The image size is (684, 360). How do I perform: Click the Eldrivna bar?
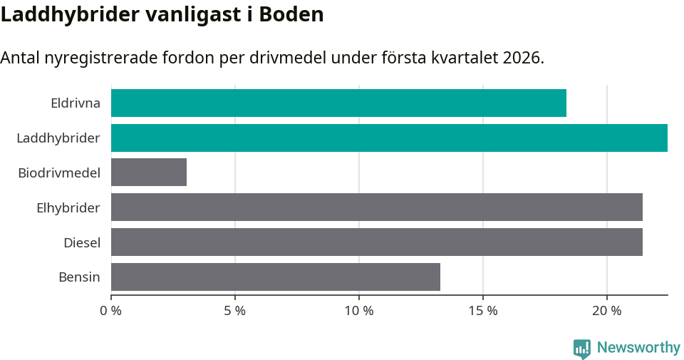(338, 103)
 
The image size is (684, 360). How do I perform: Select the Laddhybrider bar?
(389, 138)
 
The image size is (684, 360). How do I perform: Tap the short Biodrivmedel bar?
(149, 173)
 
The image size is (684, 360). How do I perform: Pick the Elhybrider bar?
(377, 207)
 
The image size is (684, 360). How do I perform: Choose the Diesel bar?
(377, 242)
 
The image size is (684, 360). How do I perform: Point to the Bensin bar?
(276, 277)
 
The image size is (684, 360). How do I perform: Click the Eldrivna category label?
(76, 103)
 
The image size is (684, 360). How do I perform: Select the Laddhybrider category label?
(58, 138)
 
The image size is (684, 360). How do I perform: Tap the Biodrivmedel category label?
(59, 173)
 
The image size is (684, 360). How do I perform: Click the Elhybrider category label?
(68, 207)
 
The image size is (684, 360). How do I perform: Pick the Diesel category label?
(82, 242)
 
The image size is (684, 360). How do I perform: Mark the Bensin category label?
(79, 277)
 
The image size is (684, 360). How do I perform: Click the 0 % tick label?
(111, 311)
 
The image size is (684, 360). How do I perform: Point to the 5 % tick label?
(235, 311)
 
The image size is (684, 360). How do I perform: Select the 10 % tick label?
(359, 311)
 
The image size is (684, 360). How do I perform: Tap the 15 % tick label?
(483, 311)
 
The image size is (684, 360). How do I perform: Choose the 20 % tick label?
(607, 311)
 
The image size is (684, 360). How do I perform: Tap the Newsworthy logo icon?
(582, 349)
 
